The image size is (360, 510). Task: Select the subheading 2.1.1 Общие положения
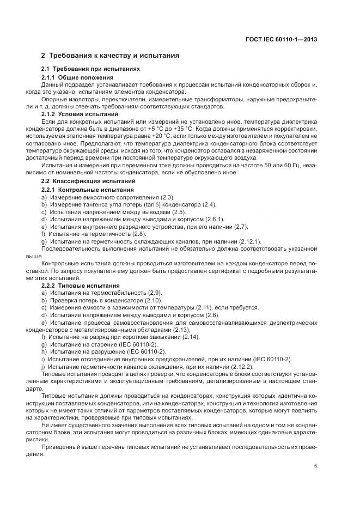pos(77,77)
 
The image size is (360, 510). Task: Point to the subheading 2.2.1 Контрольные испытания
pos(84,189)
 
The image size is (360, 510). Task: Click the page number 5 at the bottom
pos(315,466)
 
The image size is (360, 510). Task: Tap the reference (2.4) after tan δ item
pos(209,204)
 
